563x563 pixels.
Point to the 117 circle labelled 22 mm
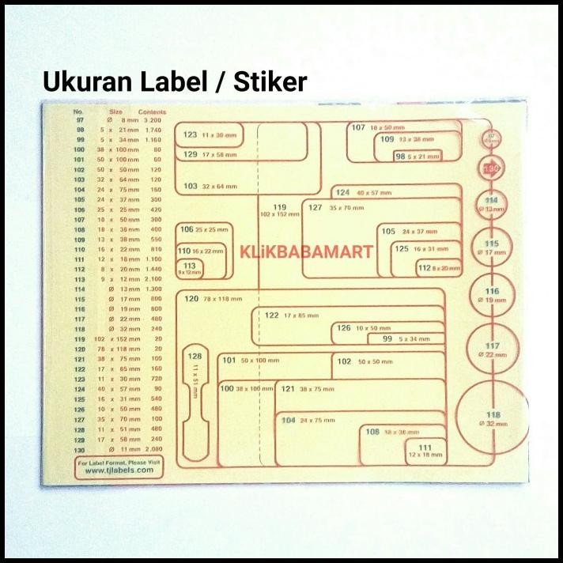point(493,350)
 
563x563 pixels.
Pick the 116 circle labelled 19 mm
point(493,296)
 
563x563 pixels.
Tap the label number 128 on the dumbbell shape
point(195,357)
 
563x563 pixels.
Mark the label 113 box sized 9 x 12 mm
point(190,268)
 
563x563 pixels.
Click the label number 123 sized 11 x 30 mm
point(190,134)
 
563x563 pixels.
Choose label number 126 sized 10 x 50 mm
point(343,327)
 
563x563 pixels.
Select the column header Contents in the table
point(151,111)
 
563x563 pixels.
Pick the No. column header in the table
point(78,111)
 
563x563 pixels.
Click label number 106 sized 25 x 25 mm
point(187,229)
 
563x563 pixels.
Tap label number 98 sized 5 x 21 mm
point(400,157)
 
